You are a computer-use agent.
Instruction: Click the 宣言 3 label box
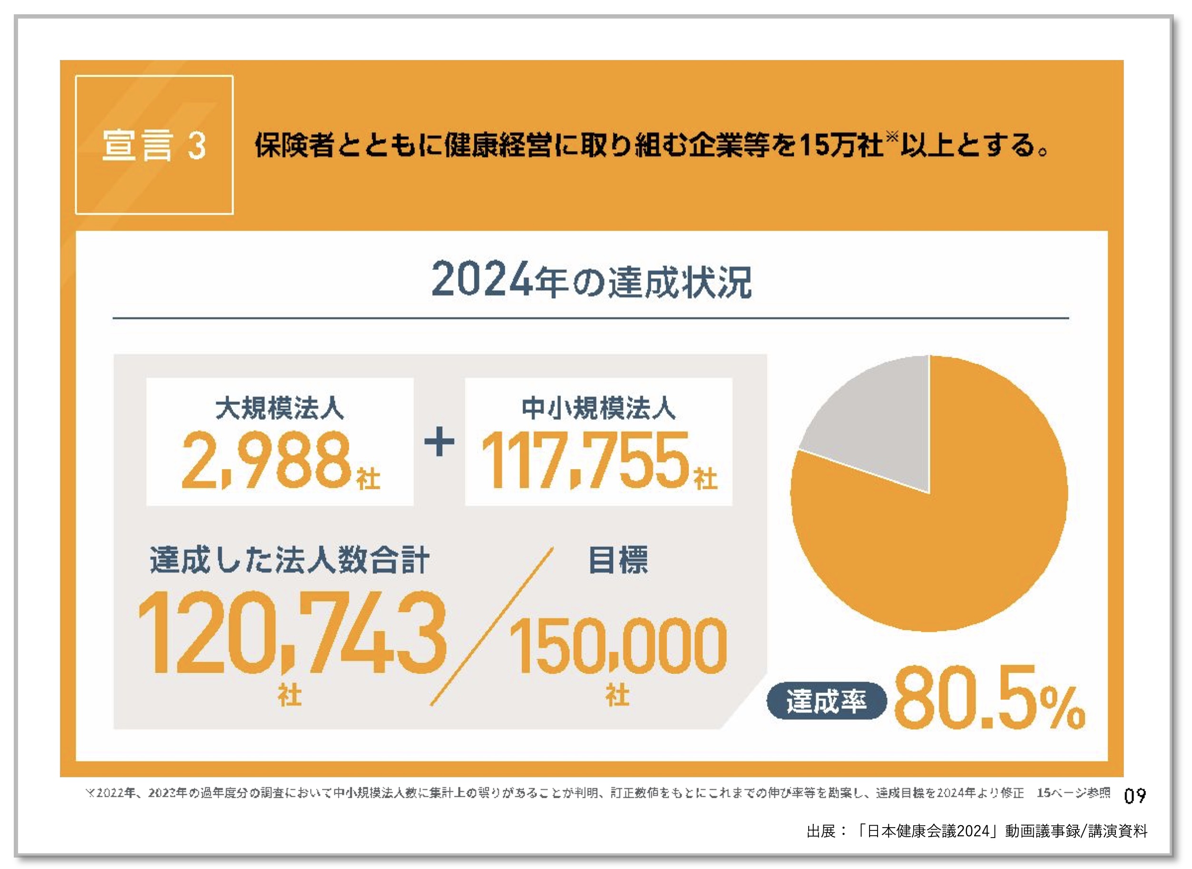(154, 145)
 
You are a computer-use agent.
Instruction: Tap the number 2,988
(266, 460)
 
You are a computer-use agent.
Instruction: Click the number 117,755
(584, 460)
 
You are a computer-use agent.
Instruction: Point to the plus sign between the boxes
(439, 442)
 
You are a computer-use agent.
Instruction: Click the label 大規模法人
(279, 408)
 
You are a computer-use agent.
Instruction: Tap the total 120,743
(292, 632)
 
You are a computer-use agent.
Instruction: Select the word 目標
(617, 560)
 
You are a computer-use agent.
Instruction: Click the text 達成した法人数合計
(289, 560)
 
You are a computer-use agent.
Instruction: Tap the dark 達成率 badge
(826, 701)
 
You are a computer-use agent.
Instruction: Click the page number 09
(1135, 796)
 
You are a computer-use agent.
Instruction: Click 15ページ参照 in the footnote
(1073, 793)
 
